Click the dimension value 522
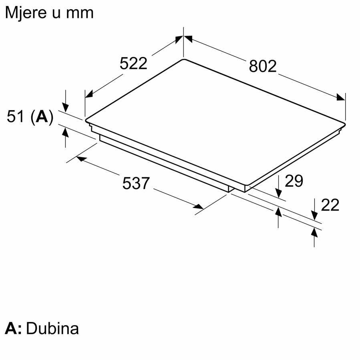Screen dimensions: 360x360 [x=133, y=64]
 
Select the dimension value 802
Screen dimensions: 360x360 [x=263, y=66]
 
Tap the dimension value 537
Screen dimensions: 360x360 [x=136, y=183]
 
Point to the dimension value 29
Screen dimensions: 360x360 [x=294, y=181]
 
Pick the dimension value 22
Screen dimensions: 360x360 [x=330, y=205]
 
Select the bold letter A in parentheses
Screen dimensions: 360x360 [x=42, y=117]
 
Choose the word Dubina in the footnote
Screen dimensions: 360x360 [x=52, y=328]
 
